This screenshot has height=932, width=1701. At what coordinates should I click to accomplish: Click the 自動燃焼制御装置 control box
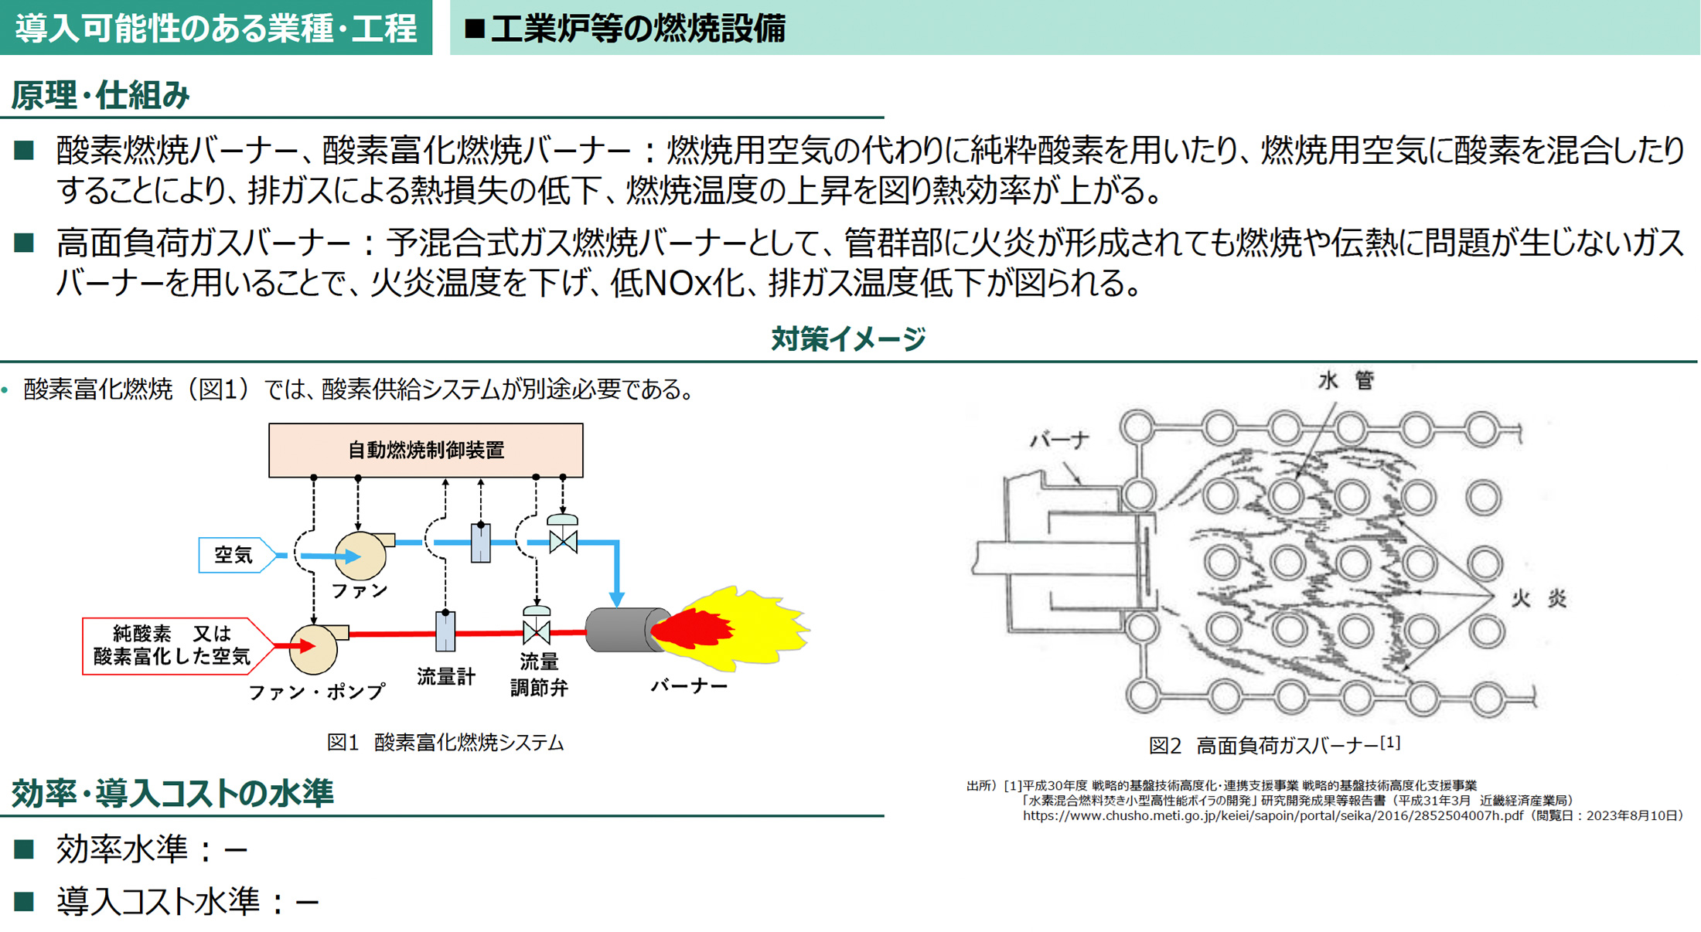425,450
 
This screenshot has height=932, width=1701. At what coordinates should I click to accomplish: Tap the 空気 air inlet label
234,555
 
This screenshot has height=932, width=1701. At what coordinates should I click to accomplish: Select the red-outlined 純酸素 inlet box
172,645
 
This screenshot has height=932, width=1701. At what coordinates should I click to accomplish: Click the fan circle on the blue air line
360,556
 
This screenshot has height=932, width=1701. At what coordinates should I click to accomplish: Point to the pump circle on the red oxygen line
313,648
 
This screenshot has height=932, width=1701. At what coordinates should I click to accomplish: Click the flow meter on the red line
445,631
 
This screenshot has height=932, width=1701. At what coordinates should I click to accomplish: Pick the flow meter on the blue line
480,543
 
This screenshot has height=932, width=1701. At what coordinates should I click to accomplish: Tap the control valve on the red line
537,631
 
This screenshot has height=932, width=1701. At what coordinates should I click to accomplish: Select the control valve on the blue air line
563,539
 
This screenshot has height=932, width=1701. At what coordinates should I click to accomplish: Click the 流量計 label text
446,677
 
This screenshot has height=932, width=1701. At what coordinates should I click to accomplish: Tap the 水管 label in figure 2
1345,380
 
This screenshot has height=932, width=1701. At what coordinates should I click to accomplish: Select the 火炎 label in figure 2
1539,599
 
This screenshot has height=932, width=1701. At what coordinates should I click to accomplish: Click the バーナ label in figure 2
1059,440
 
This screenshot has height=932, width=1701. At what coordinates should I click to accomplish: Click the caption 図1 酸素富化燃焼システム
445,743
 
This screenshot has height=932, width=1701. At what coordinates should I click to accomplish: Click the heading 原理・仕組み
101,96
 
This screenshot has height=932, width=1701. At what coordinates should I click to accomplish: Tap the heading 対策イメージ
848,338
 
